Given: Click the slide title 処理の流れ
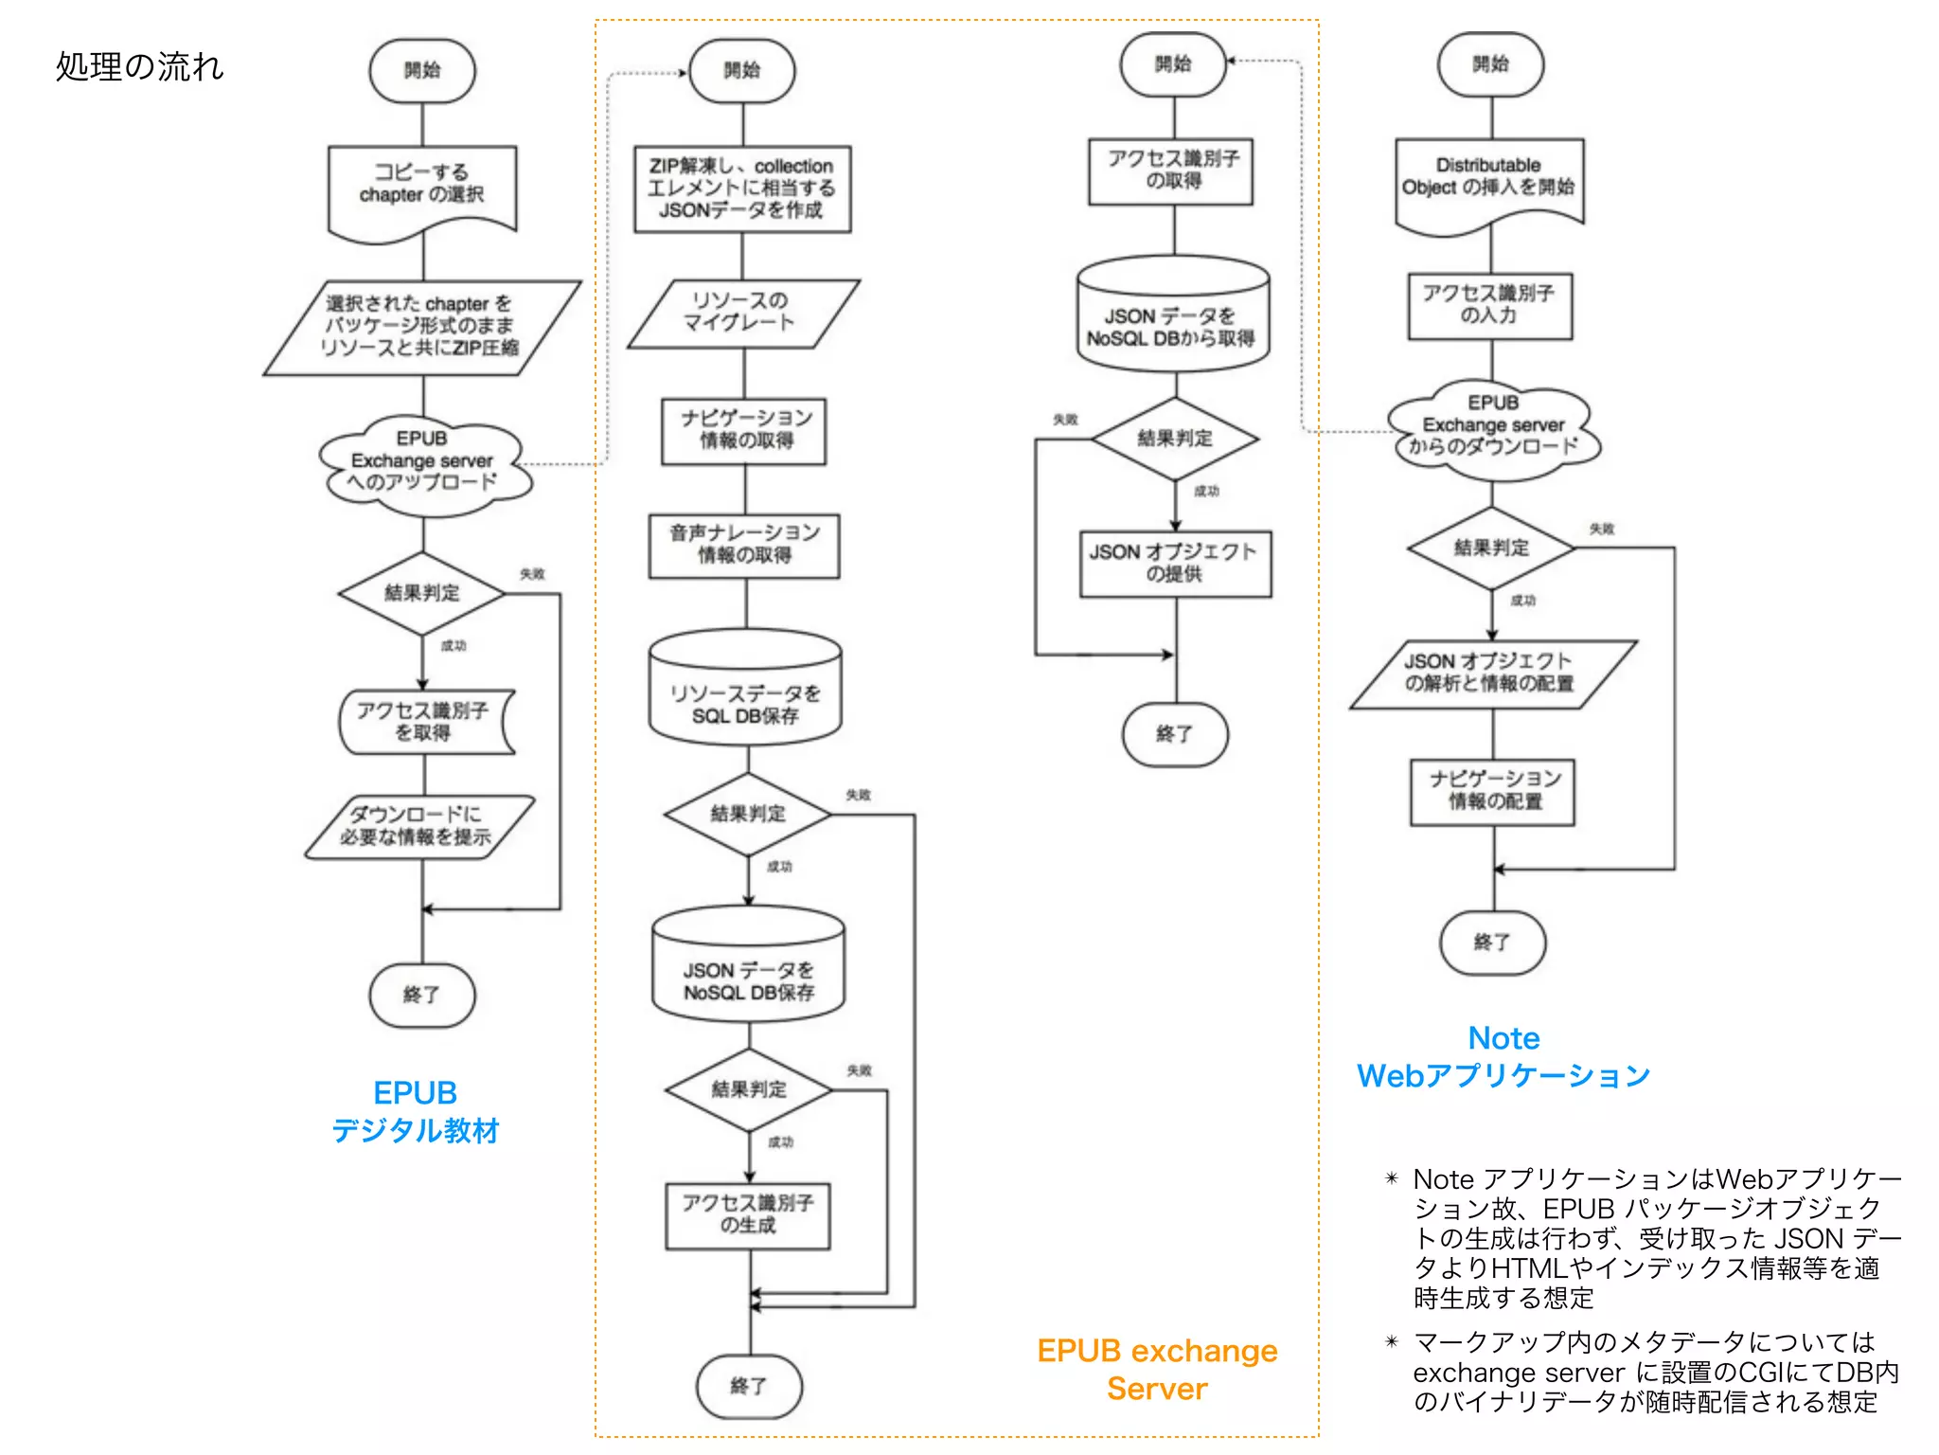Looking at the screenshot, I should click(139, 66).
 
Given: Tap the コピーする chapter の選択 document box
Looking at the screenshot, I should click(422, 186).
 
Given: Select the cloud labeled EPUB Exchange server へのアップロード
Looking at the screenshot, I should click(422, 461).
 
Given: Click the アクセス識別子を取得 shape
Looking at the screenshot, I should click(423, 722).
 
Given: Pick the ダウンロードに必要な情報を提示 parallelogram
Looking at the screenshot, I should click(418, 826).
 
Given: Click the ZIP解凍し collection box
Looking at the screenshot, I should click(742, 189).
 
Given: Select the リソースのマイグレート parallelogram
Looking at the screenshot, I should click(742, 313).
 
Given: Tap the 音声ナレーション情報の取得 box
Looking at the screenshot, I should click(744, 545).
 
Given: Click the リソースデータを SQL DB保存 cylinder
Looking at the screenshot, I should click(745, 696).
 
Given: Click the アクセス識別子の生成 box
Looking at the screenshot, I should click(748, 1214).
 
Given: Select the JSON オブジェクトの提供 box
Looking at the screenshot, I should click(1175, 563).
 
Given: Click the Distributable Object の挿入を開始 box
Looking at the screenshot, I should click(1489, 179).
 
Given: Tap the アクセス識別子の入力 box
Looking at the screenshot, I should click(1489, 305).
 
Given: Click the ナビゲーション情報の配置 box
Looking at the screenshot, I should click(1493, 791).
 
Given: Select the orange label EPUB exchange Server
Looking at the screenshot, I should click(1157, 1369).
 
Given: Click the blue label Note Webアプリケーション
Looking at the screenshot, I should click(1503, 1056).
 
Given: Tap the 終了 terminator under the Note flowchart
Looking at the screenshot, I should click(1492, 943).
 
